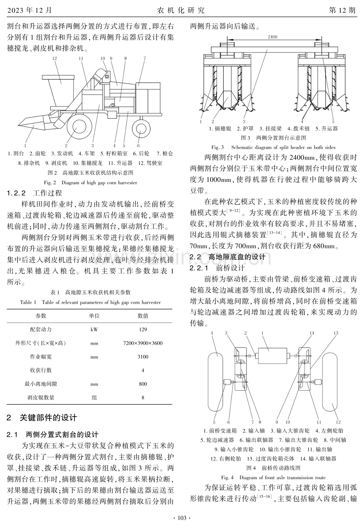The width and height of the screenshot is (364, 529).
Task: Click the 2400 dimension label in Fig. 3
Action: click(x=272, y=37)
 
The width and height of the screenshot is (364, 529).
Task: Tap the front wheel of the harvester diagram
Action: click(x=77, y=126)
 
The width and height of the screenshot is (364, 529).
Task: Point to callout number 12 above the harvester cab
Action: click(x=55, y=59)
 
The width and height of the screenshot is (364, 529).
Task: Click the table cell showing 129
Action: click(x=143, y=329)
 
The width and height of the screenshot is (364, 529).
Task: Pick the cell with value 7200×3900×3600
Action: click(x=143, y=343)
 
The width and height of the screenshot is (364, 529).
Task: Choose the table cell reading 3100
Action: click(x=143, y=357)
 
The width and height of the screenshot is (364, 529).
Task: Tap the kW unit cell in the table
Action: click(x=94, y=329)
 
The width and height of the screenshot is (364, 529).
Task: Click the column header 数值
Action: click(x=143, y=316)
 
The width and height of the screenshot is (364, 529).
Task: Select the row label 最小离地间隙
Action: click(x=41, y=384)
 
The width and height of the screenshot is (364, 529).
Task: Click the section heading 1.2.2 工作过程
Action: click(x=34, y=193)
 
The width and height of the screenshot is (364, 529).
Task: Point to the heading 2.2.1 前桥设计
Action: click(x=217, y=268)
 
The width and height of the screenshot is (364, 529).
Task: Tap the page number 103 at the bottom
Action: click(x=182, y=518)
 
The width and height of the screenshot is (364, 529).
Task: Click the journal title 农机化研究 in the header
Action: click(x=181, y=10)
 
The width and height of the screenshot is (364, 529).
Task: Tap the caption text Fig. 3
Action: click(x=218, y=147)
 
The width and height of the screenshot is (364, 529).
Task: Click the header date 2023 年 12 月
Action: click(x=30, y=10)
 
